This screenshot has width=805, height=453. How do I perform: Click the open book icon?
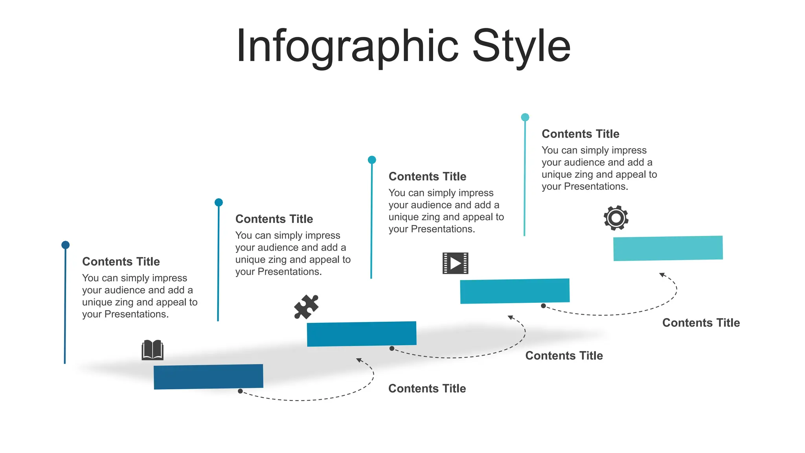click(x=153, y=350)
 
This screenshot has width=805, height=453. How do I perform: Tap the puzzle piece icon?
click(x=306, y=307)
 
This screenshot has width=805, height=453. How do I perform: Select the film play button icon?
click(x=455, y=263)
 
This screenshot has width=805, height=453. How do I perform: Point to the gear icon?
click(x=616, y=217)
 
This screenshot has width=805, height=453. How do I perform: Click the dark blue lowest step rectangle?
click(x=208, y=377)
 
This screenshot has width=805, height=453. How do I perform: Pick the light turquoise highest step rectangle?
click(x=668, y=248)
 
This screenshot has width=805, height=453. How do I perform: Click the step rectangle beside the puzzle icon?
click(x=361, y=334)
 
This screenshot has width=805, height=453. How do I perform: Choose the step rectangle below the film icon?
click(x=515, y=291)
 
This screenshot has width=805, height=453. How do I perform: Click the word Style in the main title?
click(x=521, y=46)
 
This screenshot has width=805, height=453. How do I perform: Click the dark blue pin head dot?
click(x=66, y=245)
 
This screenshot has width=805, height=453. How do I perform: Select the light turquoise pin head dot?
click(x=525, y=117)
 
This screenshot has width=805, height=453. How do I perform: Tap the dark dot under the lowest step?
click(x=240, y=391)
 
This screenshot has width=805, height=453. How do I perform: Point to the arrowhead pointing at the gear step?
click(x=662, y=274)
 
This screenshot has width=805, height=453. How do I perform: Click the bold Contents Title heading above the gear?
click(x=580, y=134)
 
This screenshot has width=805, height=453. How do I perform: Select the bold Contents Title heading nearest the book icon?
click(x=121, y=261)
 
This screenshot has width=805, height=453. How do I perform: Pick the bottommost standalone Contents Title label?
click(x=427, y=389)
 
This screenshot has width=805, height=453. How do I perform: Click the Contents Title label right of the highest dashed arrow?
click(x=701, y=323)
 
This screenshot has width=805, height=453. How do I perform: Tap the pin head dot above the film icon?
click(x=372, y=160)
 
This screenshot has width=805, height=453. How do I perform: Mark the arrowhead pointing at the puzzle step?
click(x=359, y=360)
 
